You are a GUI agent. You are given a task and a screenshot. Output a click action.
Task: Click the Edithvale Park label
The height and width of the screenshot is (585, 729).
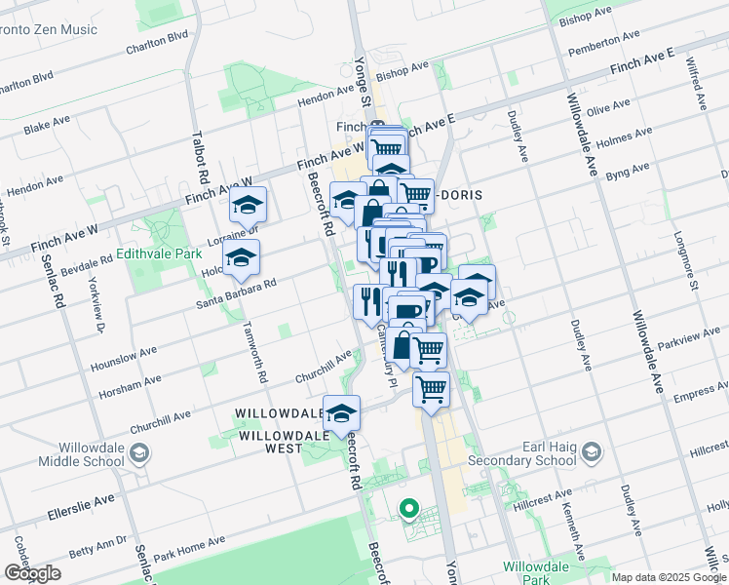(x=158, y=253)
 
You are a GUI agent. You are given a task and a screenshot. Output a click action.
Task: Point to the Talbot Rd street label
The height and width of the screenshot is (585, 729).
(x=202, y=160)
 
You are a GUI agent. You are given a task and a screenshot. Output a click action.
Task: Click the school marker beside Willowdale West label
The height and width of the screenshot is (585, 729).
(x=342, y=412)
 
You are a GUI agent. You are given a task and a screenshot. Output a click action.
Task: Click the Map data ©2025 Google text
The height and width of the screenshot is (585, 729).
(x=669, y=577)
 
